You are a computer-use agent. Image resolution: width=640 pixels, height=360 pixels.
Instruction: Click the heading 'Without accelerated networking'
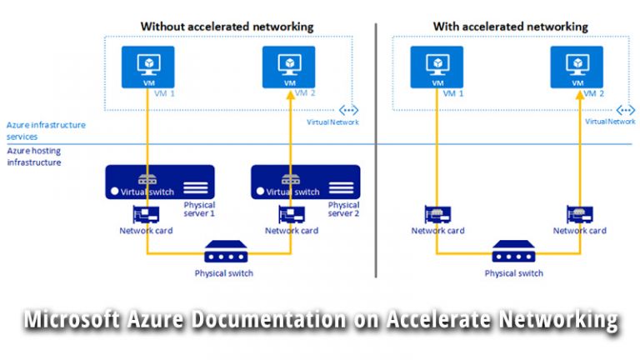tap(227, 27)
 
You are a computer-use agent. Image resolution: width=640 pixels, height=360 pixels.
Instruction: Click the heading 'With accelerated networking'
tap(510, 27)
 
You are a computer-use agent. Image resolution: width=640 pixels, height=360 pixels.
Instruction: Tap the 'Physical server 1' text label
tap(199, 209)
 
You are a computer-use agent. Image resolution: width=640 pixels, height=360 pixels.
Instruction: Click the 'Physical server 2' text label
tap(343, 209)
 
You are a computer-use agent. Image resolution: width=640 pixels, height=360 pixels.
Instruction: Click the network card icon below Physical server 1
tap(147, 214)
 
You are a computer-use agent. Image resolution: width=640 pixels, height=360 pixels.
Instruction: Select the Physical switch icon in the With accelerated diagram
tap(513, 251)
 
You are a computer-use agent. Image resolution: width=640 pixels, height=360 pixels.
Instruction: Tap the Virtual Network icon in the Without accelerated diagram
tap(347, 110)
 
